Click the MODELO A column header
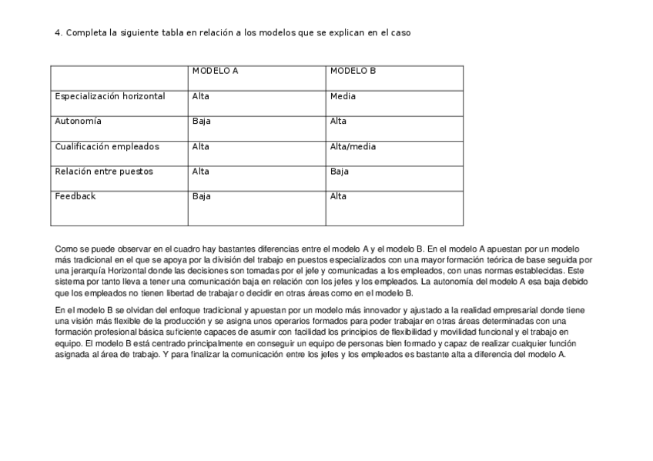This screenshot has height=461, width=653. coord(215,71)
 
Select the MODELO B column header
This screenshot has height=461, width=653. coord(353,71)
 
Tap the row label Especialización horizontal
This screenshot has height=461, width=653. coord(109,96)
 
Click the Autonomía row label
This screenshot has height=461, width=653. coord(78,121)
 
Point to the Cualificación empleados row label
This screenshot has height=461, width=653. coord(106,146)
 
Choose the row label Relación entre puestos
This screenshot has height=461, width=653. coord(104,171)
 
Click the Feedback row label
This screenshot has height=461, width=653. coord(75,196)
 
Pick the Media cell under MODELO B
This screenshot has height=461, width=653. coord(343,96)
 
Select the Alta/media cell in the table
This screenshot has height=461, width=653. coord(353,146)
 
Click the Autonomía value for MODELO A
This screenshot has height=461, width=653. coord(201,121)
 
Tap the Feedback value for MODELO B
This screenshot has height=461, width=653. coord(338,196)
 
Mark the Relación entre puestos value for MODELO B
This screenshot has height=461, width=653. coord(339,171)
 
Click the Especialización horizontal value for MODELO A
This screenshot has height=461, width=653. coord(200,96)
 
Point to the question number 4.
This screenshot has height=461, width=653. coord(58,32)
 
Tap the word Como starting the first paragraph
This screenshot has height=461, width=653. coord(65,249)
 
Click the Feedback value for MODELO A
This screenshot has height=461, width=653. coord(201,196)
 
